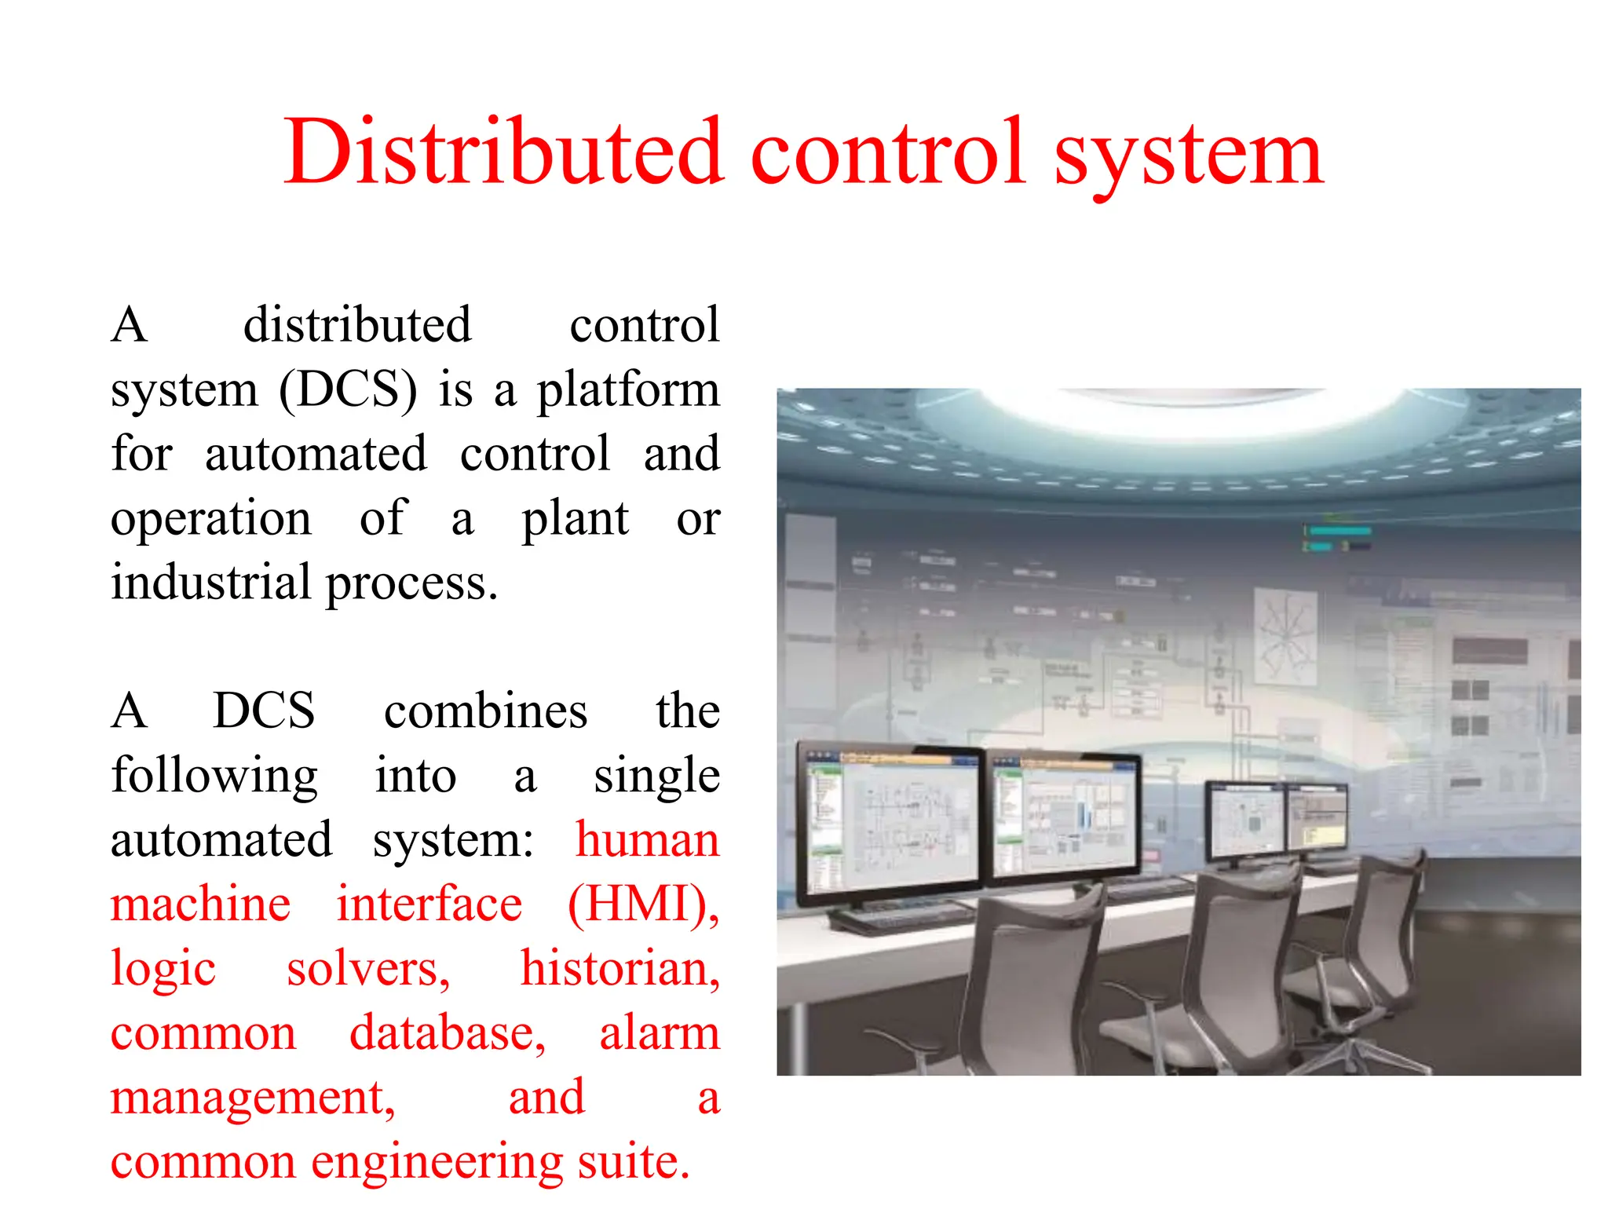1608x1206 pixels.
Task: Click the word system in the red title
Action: (1189, 157)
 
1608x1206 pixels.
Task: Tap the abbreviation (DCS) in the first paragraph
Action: (348, 389)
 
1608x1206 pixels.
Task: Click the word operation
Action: (211, 520)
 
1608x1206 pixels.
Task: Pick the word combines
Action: (485, 711)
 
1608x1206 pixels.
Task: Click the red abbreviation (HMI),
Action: (643, 904)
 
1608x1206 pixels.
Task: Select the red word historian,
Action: (620, 969)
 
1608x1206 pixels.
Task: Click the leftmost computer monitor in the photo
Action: (889, 820)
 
